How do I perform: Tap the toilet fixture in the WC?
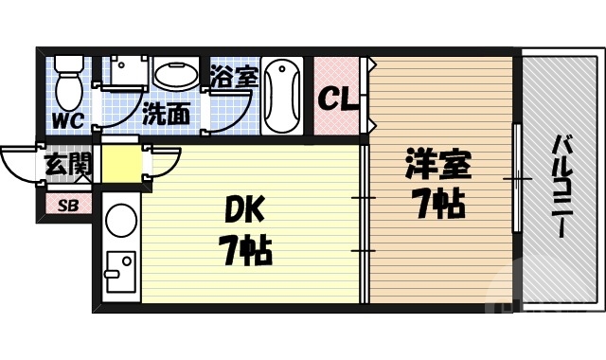(67, 83)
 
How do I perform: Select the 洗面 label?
(166, 115)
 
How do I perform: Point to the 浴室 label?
(234, 76)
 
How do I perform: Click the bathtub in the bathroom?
(282, 98)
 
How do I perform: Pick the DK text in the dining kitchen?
(242, 210)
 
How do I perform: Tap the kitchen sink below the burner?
(119, 275)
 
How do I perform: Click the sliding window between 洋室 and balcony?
(516, 178)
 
